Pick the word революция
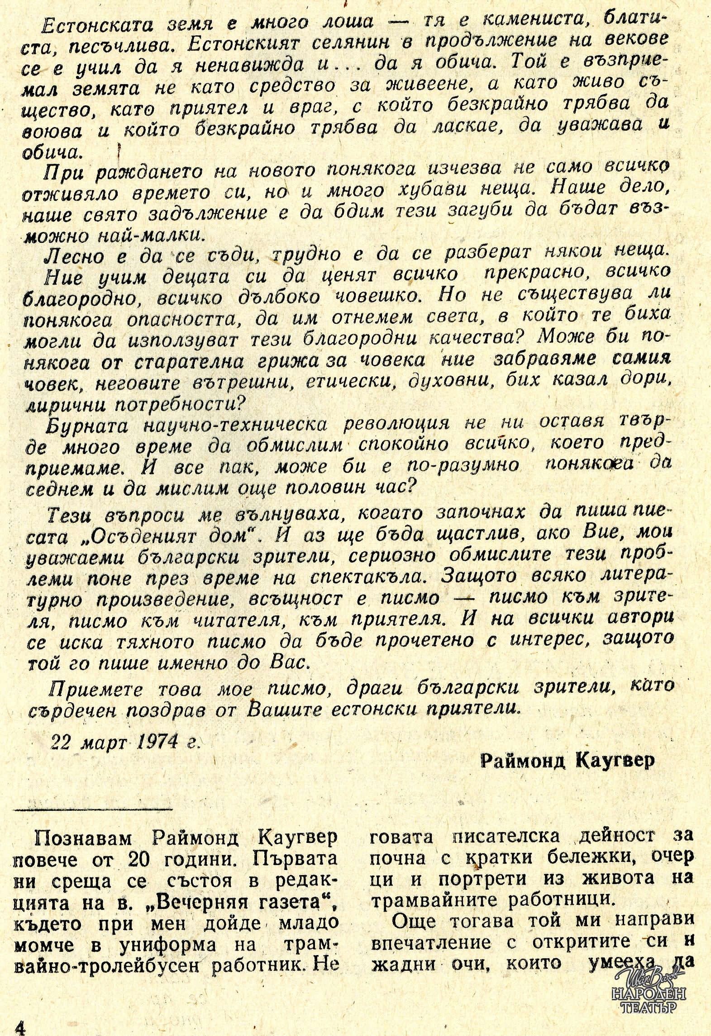point(397,424)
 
